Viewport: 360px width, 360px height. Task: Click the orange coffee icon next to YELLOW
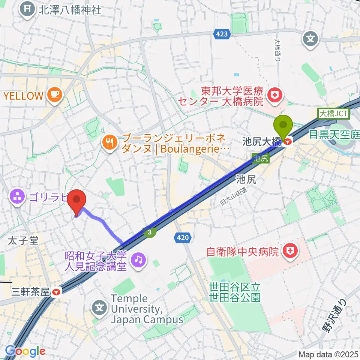tap(55, 95)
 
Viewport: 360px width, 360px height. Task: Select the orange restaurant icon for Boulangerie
tap(109, 142)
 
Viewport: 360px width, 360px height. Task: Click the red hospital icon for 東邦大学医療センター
tap(274, 96)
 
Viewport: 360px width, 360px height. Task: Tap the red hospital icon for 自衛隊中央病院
tap(289, 251)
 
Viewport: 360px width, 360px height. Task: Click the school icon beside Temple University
tap(99, 309)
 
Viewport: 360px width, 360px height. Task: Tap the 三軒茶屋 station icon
tap(57, 291)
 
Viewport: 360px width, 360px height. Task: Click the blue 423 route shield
tap(221, 34)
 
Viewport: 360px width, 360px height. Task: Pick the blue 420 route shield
tap(183, 237)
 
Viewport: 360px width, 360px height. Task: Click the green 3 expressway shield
tap(150, 232)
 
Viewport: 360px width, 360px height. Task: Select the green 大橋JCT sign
tap(333, 113)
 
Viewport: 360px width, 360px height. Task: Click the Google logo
tap(25, 351)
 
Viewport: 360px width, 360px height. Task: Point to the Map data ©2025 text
tap(328, 354)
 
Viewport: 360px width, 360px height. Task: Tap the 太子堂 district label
tap(24, 240)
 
